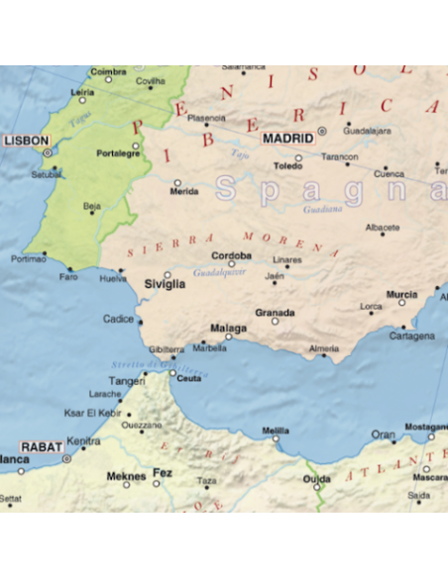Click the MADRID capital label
tap(287, 139)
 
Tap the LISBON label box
tap(25, 141)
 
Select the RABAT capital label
tap(42, 447)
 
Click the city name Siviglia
tap(165, 284)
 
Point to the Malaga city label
tap(228, 327)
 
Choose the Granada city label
tap(275, 312)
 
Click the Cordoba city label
tap(231, 255)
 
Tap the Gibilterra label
tap(167, 349)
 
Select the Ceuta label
tap(188, 377)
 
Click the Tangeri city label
tap(126, 380)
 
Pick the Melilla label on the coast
tap(276, 431)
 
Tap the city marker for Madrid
tap(321, 131)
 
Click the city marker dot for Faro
tap(69, 268)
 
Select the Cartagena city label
tap(411, 336)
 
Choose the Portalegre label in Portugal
tap(117, 153)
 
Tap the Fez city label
tap(162, 474)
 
